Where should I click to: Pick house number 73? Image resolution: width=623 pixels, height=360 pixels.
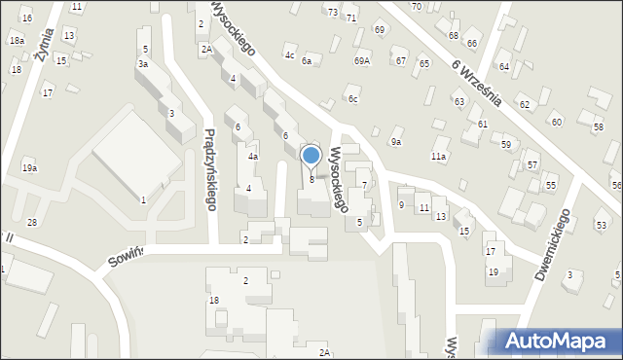[x=333, y=12]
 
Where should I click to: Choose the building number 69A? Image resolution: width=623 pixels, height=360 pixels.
[x=362, y=61]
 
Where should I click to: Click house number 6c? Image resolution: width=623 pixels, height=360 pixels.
[x=353, y=98]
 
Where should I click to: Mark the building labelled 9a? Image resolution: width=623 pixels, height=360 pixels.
[x=396, y=142]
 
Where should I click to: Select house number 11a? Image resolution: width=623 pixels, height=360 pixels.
[x=439, y=156]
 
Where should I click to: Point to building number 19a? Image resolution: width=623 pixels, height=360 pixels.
[x=30, y=168]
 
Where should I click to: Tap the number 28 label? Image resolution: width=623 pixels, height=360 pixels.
[x=31, y=223]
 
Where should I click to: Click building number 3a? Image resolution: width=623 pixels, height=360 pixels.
[x=143, y=63]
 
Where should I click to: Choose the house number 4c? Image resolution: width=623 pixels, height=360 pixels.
[x=289, y=55]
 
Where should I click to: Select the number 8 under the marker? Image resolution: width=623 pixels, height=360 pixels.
[x=311, y=179]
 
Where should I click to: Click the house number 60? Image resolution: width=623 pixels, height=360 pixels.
[x=557, y=122]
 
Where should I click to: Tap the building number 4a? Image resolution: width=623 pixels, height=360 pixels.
[x=252, y=156]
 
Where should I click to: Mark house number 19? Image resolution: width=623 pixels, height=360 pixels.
[x=493, y=271]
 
